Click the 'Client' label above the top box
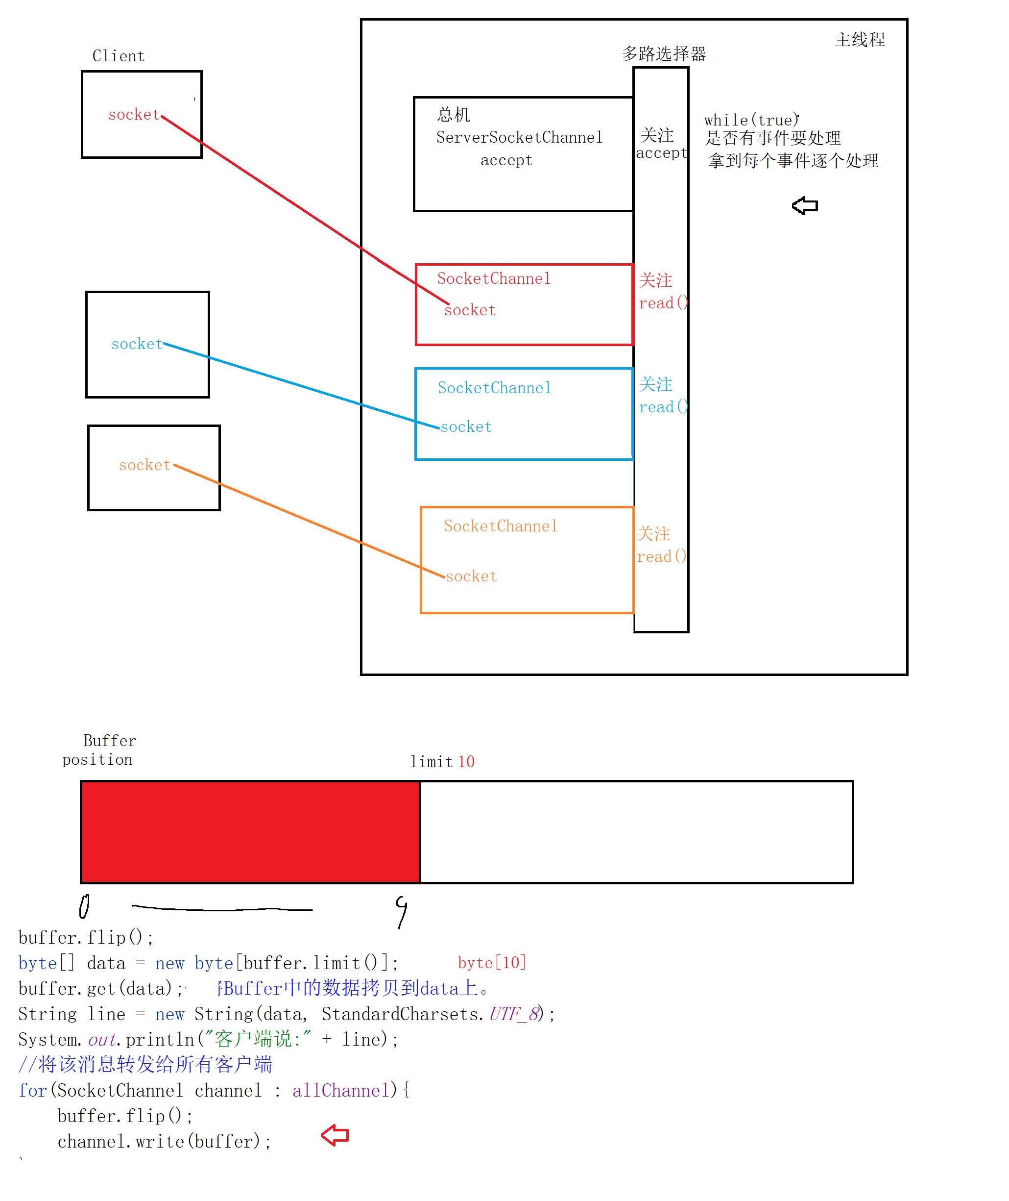[119, 56]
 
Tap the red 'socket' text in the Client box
[134, 115]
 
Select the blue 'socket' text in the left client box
[137, 344]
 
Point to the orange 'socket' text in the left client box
[144, 465]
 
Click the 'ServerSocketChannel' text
[519, 137]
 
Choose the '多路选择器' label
[664, 54]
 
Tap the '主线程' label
[860, 40]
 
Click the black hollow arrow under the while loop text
[805, 205]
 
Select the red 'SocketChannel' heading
[494, 279]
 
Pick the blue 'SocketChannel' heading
[494, 388]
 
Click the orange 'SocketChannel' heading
[501, 526]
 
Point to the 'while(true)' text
[751, 120]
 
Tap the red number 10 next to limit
[466, 761]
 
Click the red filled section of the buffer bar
[250, 832]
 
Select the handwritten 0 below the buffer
[84, 907]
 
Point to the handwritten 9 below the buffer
[402, 911]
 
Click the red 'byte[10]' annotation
[492, 962]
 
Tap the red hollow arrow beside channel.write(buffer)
[335, 1135]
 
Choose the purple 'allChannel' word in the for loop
[341, 1091]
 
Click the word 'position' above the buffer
[97, 760]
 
